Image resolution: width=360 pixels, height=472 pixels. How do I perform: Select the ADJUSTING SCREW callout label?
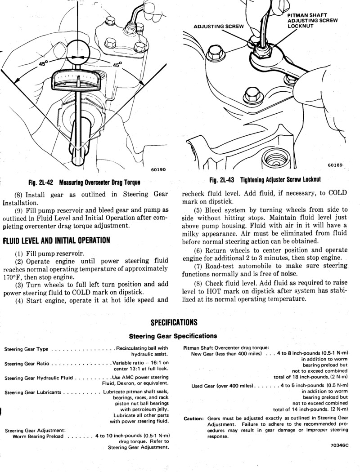(218, 26)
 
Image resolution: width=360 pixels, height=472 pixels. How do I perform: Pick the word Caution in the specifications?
(194, 419)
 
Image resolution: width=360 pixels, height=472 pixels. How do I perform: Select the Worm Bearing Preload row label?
(38, 436)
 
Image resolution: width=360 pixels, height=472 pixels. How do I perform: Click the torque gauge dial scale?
(79, 81)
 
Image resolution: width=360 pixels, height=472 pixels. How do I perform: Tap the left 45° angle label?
(43, 64)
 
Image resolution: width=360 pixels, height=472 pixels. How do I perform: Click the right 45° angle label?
(117, 64)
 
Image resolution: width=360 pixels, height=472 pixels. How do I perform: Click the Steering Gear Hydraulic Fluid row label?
(39, 378)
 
